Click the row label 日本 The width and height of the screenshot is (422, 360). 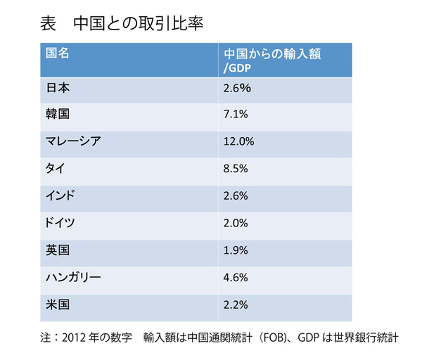[57, 89]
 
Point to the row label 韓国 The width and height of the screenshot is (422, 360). [57, 115]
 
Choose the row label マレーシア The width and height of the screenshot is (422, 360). [73, 141]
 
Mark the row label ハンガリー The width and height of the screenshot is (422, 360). [73, 276]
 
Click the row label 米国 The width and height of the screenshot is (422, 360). [57, 304]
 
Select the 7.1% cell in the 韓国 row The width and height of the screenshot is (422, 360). [234, 115]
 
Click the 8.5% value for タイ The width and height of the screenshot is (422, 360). [234, 168]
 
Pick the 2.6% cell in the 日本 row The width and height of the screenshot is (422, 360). [234, 89]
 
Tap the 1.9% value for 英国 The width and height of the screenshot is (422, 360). [234, 249]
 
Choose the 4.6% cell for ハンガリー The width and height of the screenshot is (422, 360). [234, 276]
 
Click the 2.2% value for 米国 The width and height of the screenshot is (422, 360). [234, 304]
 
